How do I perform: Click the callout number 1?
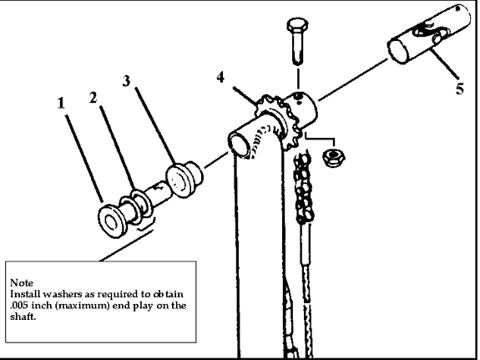point(61,104)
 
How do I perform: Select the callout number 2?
point(93,98)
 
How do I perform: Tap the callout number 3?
point(126,81)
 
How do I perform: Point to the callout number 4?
point(220,77)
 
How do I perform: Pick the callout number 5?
point(459,89)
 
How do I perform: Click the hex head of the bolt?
point(297,25)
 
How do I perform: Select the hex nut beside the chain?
point(333,157)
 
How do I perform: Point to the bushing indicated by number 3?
point(184,180)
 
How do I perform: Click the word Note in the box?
point(22,282)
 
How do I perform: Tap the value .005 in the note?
point(19,306)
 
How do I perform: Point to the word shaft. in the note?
point(23,317)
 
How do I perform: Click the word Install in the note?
point(25,294)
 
